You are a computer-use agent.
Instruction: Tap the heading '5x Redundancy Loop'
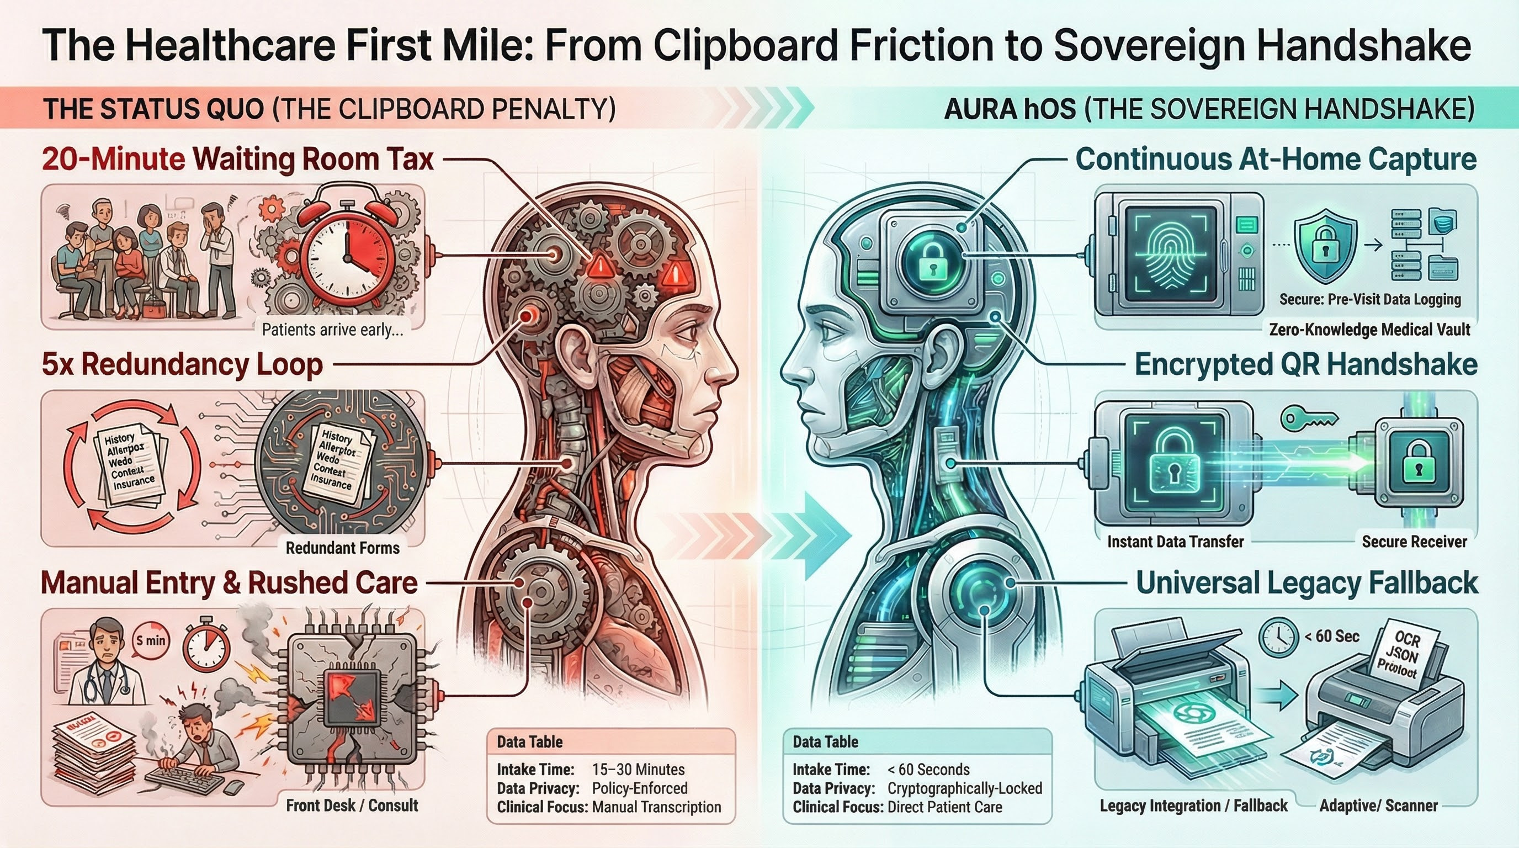pos(182,364)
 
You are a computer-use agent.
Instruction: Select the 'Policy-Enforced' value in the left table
pos(639,788)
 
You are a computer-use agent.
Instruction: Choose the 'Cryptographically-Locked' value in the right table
pos(964,788)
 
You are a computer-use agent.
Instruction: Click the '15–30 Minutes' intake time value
pos(638,770)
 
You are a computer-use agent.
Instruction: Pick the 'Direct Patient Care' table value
pos(944,807)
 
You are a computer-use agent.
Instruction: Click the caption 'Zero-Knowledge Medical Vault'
pos(1369,329)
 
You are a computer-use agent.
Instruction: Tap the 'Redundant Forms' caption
pos(343,548)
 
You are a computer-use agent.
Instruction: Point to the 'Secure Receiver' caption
pos(1414,542)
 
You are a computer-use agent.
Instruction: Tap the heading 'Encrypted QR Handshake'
pos(1305,364)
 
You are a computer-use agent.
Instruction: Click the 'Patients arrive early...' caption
pos(333,329)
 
